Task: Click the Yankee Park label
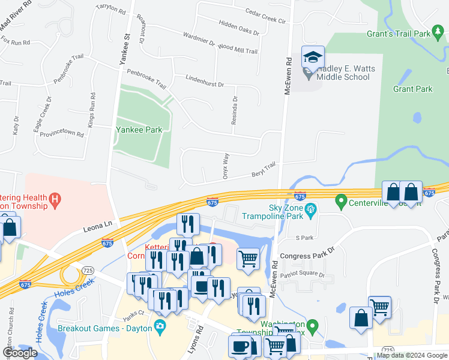140,129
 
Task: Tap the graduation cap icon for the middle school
312,58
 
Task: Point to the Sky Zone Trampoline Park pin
311,209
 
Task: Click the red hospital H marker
55,199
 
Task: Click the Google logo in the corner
20,353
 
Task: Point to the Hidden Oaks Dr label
239,28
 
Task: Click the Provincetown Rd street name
61,133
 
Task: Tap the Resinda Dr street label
235,111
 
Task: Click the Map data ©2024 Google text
411,355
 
